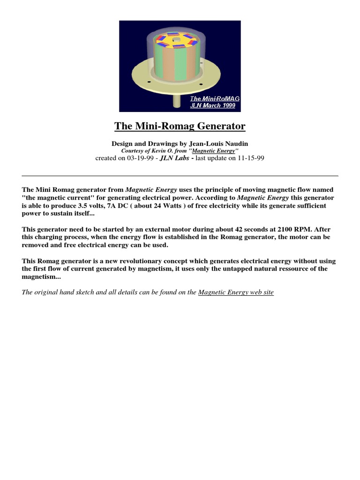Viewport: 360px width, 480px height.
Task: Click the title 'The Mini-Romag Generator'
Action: [180, 126]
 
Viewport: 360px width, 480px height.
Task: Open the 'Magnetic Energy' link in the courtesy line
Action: [213, 151]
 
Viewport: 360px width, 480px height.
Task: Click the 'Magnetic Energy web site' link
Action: [236, 292]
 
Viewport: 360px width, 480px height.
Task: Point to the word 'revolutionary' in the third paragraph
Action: [135, 261]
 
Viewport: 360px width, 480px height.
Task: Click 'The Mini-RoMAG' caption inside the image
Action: [214, 98]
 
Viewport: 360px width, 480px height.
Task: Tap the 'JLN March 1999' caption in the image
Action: [212, 105]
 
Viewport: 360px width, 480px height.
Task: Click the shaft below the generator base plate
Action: [177, 101]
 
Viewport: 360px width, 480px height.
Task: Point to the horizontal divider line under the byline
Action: [180, 176]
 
